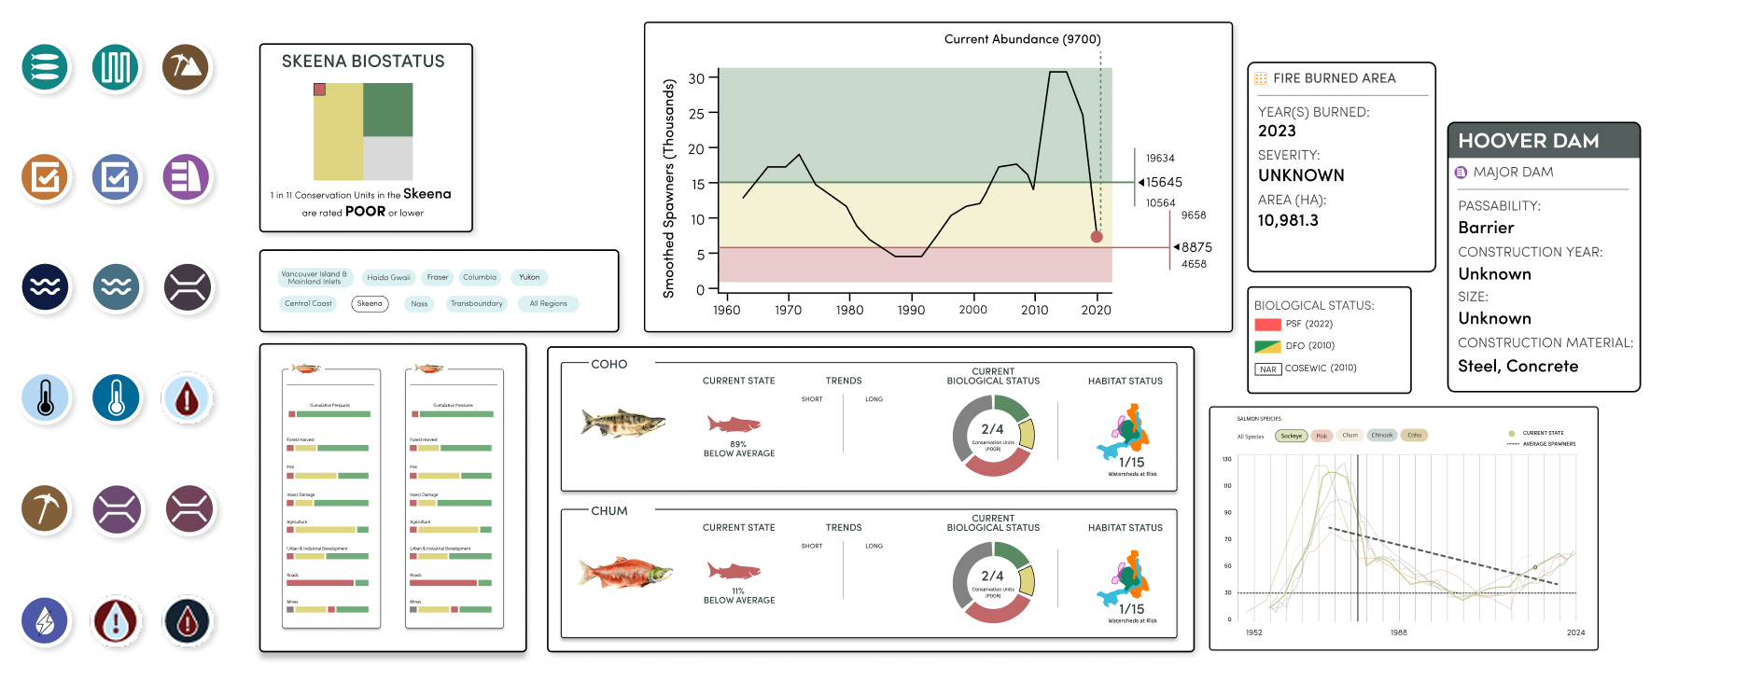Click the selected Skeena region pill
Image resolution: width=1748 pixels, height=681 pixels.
[370, 303]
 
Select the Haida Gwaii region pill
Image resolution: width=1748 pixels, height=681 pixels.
[388, 277]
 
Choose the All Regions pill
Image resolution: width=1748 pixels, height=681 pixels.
[548, 303]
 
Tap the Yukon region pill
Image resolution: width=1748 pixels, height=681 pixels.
[529, 277]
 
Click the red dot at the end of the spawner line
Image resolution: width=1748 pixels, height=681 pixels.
[1097, 237]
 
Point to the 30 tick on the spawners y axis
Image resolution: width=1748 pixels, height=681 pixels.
[696, 78]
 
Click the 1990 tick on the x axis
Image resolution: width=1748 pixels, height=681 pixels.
[911, 310]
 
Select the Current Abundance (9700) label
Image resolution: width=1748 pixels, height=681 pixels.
[1022, 39]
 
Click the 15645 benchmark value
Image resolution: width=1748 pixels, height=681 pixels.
[1164, 183]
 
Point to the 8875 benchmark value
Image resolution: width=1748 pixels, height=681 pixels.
[1196, 247]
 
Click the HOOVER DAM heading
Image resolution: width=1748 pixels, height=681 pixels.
[1528, 141]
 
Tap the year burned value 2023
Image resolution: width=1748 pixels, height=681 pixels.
[1277, 132]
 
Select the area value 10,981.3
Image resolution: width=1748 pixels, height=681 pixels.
[1288, 220]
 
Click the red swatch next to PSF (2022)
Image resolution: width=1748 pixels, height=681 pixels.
[1267, 325]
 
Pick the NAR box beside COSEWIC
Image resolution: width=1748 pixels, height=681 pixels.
[1267, 369]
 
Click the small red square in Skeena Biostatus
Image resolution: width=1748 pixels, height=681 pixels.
[319, 90]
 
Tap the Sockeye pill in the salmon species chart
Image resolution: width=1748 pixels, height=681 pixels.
[1291, 436]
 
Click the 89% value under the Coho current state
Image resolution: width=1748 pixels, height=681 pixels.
[737, 444]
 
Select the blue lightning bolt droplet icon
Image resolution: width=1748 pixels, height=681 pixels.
[45, 621]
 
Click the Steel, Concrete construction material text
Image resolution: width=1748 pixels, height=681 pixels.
[1517, 366]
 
